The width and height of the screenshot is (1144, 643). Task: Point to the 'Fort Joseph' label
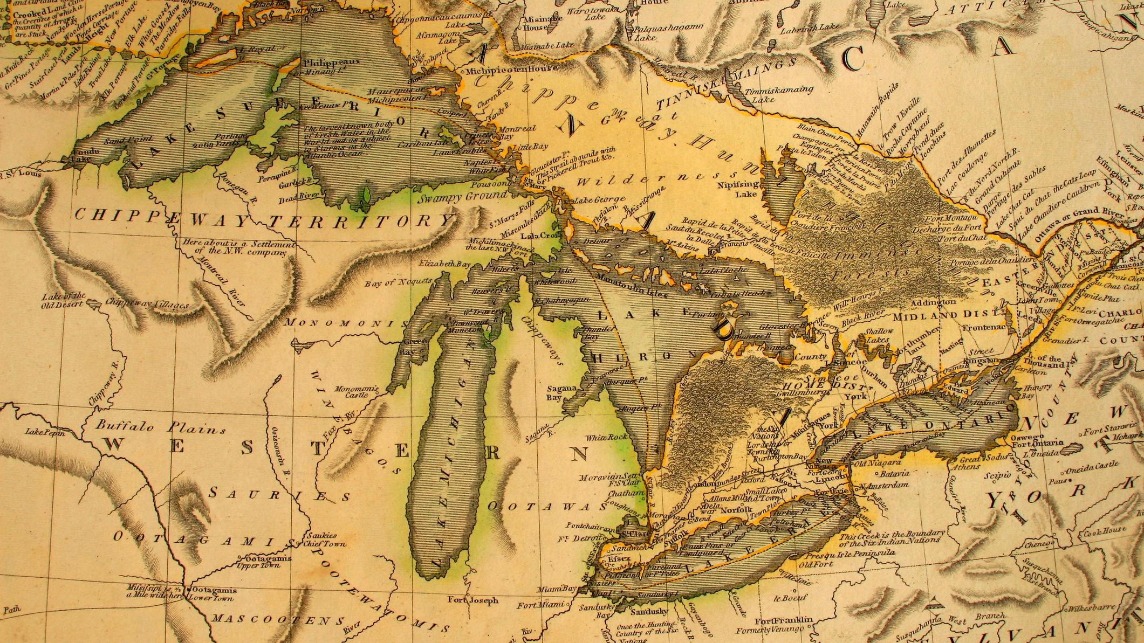point(474,600)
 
